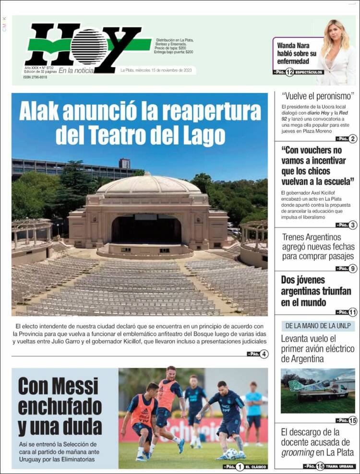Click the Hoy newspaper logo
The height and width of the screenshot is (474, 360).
[x=86, y=47]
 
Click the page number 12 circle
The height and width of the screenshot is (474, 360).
[x=289, y=72]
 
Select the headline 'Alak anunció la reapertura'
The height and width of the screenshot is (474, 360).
[x=140, y=112]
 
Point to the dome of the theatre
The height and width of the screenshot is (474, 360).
[x=148, y=185]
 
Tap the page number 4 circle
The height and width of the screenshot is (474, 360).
[x=264, y=355]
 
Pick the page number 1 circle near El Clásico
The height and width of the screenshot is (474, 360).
[x=239, y=466]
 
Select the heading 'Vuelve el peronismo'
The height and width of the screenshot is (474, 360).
[x=318, y=95]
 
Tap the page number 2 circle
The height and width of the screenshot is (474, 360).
[x=353, y=139]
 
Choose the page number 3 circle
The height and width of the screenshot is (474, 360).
[x=353, y=225]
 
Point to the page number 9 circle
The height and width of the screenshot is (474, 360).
[x=353, y=269]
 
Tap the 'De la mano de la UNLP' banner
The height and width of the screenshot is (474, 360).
[x=318, y=326]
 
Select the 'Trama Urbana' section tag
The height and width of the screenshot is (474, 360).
[x=341, y=466]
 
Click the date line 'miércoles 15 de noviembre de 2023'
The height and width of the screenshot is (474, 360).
[x=157, y=71]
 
